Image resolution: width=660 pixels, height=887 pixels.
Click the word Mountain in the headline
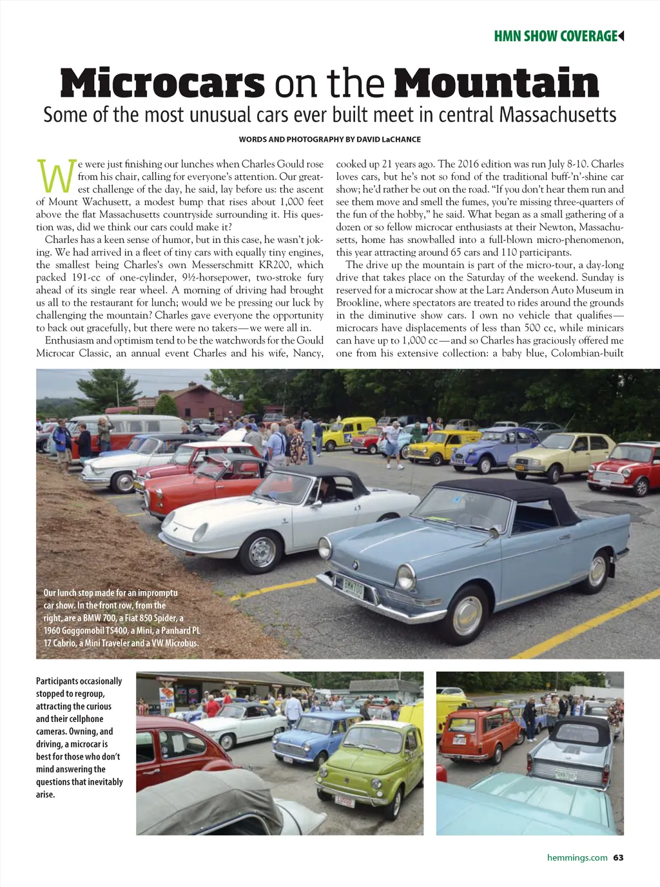(x=496, y=84)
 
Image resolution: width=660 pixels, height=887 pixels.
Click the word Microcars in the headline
(x=162, y=84)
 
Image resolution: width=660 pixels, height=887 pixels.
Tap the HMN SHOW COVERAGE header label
(x=556, y=36)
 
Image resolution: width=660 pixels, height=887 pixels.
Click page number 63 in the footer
(x=619, y=857)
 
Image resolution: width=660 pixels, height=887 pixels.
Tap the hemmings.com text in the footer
(x=577, y=857)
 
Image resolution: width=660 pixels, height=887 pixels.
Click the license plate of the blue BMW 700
(x=353, y=588)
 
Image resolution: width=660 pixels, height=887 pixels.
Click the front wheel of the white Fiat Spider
(x=262, y=552)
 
